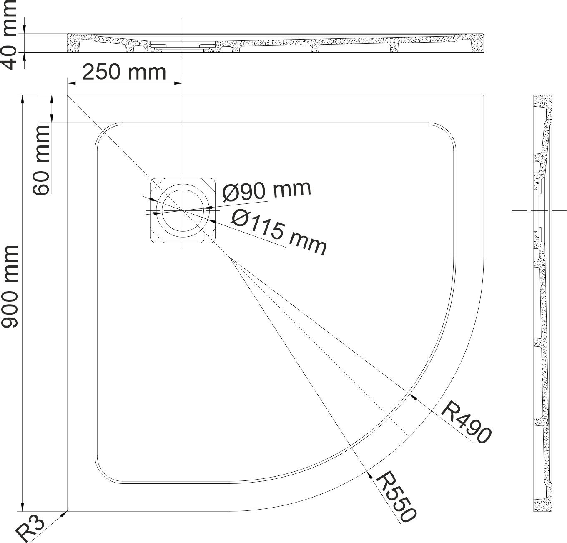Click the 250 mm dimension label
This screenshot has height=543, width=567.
pos(124,72)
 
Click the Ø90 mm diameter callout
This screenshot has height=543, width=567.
pos(267,191)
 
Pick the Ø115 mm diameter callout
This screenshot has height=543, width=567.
pos(278,232)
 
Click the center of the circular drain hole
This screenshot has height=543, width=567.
pos(183,209)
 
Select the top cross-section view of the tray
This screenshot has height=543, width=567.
pos(275,43)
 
